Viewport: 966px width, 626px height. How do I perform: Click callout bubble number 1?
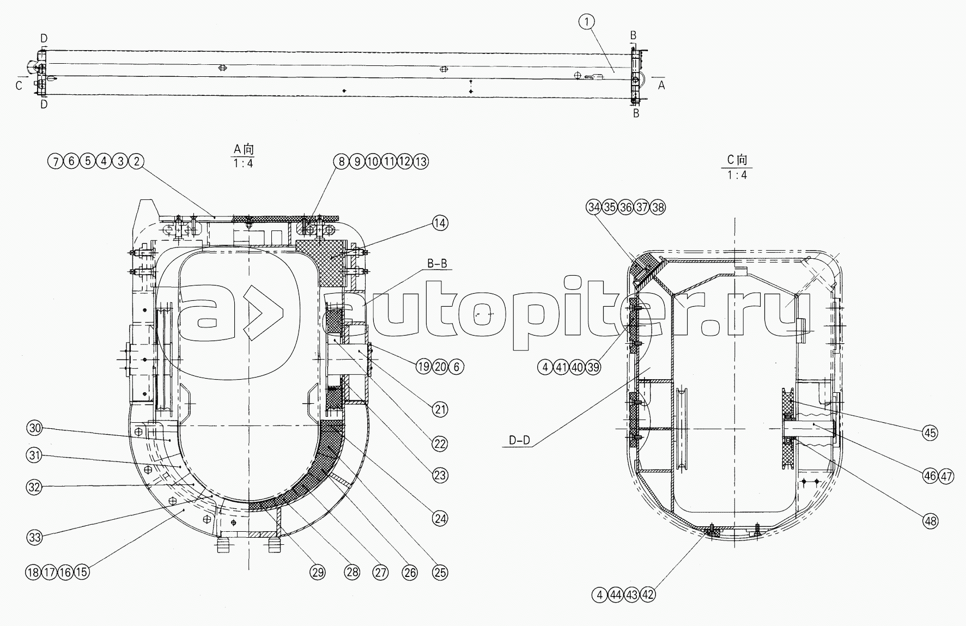coord(586,22)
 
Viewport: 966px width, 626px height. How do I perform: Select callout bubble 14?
coord(440,223)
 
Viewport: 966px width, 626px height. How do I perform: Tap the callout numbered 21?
coord(440,409)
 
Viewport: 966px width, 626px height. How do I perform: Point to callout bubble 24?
coord(440,518)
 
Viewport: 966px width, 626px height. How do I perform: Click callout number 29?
coord(318,572)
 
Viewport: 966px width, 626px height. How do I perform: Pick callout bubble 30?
coord(34,428)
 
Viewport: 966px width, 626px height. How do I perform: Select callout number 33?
coord(34,537)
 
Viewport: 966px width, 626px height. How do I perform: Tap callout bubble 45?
coord(930,433)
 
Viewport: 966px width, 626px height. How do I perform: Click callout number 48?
coord(930,521)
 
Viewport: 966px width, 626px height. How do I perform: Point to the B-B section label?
coord(436,264)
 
